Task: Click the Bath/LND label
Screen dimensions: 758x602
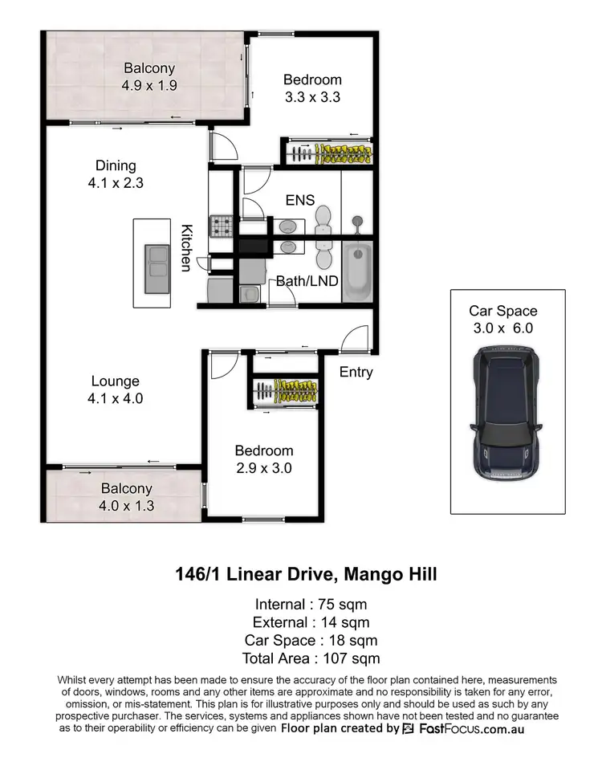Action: (307, 281)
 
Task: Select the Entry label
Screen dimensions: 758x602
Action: (356, 372)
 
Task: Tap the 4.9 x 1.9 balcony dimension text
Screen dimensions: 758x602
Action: (148, 84)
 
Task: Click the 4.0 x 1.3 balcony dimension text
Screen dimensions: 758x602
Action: (127, 506)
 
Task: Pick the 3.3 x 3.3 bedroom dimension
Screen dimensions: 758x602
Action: (312, 97)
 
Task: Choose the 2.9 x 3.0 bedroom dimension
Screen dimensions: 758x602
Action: (263, 468)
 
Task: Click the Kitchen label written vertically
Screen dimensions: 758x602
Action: (185, 247)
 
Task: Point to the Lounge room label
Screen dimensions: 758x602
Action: (115, 381)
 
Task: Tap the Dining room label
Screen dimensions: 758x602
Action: (116, 166)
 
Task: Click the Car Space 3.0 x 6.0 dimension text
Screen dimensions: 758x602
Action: (503, 328)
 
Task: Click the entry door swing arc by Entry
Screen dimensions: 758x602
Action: (359, 336)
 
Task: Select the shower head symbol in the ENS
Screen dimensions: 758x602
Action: (356, 220)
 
